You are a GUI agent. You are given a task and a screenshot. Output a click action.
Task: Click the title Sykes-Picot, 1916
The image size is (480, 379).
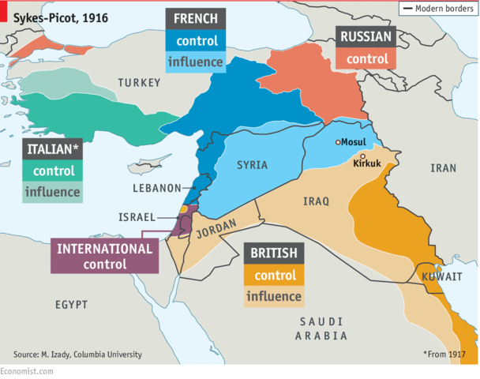(60, 17)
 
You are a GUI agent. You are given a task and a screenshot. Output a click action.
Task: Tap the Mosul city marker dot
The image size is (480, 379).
(338, 142)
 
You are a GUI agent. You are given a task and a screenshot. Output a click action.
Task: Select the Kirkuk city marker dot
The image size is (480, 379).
(362, 156)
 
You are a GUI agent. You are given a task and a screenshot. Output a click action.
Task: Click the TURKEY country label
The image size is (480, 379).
(139, 83)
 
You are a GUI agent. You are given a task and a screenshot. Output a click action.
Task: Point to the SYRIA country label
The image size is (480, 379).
(253, 165)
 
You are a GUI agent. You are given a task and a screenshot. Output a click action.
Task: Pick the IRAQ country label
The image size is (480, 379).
(315, 201)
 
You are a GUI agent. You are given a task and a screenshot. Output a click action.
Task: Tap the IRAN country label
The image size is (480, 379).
(443, 168)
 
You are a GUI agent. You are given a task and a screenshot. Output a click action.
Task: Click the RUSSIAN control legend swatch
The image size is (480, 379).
(367, 58)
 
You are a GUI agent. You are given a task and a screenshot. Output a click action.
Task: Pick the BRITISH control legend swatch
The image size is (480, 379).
(275, 276)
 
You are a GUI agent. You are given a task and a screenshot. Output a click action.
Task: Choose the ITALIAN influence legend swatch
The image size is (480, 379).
(53, 191)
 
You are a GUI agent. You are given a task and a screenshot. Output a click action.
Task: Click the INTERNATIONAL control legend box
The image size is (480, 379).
(104, 256)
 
